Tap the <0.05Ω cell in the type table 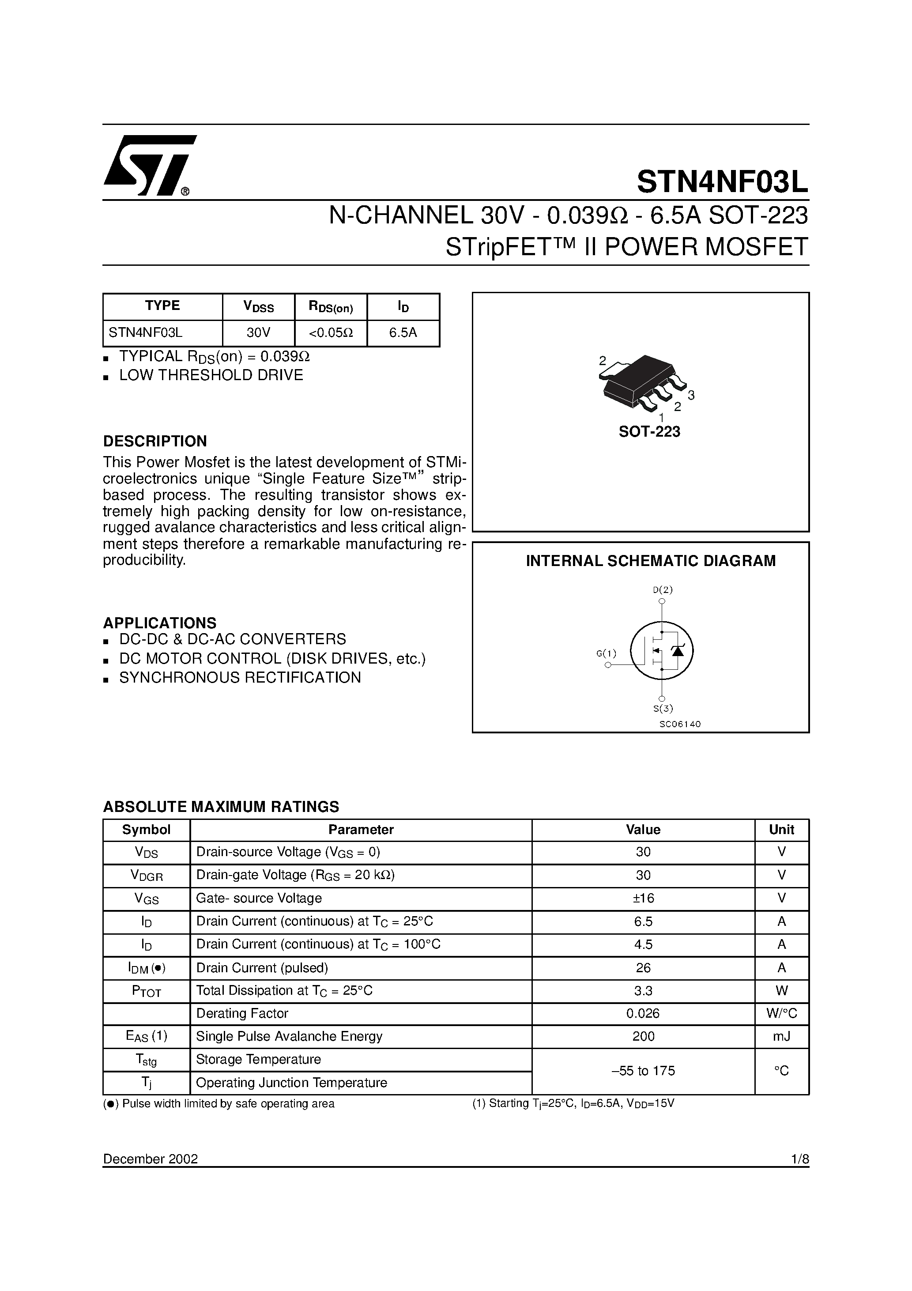[331, 332]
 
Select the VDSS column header [258, 306]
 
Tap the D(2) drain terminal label [662, 590]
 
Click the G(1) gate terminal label [606, 653]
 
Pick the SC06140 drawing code [680, 724]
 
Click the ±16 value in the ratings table [643, 898]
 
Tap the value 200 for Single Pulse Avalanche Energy [643, 1036]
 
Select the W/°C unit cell [781, 1013]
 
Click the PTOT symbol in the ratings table [146, 991]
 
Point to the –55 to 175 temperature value [643, 1071]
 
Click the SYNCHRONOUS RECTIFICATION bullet [240, 678]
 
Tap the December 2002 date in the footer [150, 1159]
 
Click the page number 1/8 [799, 1159]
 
